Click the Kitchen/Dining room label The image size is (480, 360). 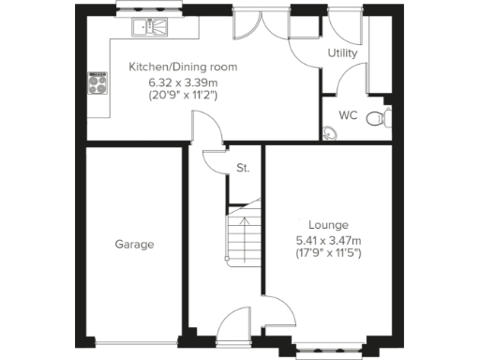point(183,67)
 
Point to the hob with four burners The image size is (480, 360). point(97,84)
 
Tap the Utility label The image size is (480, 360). point(342,53)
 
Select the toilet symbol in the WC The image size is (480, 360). point(377,119)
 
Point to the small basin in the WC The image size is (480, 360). point(330,131)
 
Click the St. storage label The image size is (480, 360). point(243,170)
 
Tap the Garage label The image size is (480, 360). point(134,245)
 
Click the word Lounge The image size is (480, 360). point(328,225)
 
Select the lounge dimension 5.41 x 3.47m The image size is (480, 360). point(328,239)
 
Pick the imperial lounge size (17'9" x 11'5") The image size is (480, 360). point(328,253)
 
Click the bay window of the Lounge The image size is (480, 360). point(328,351)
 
